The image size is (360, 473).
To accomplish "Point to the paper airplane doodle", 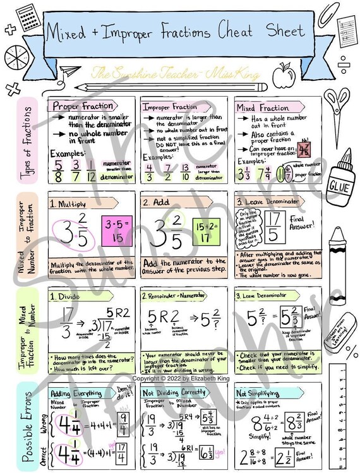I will point(71,71).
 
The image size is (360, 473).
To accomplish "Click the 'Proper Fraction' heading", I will point(83,106).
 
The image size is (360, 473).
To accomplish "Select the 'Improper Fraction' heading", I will point(169,107).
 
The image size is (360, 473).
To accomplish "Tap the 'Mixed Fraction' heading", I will point(263,108).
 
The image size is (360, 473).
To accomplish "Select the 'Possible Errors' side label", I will point(24,426).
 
